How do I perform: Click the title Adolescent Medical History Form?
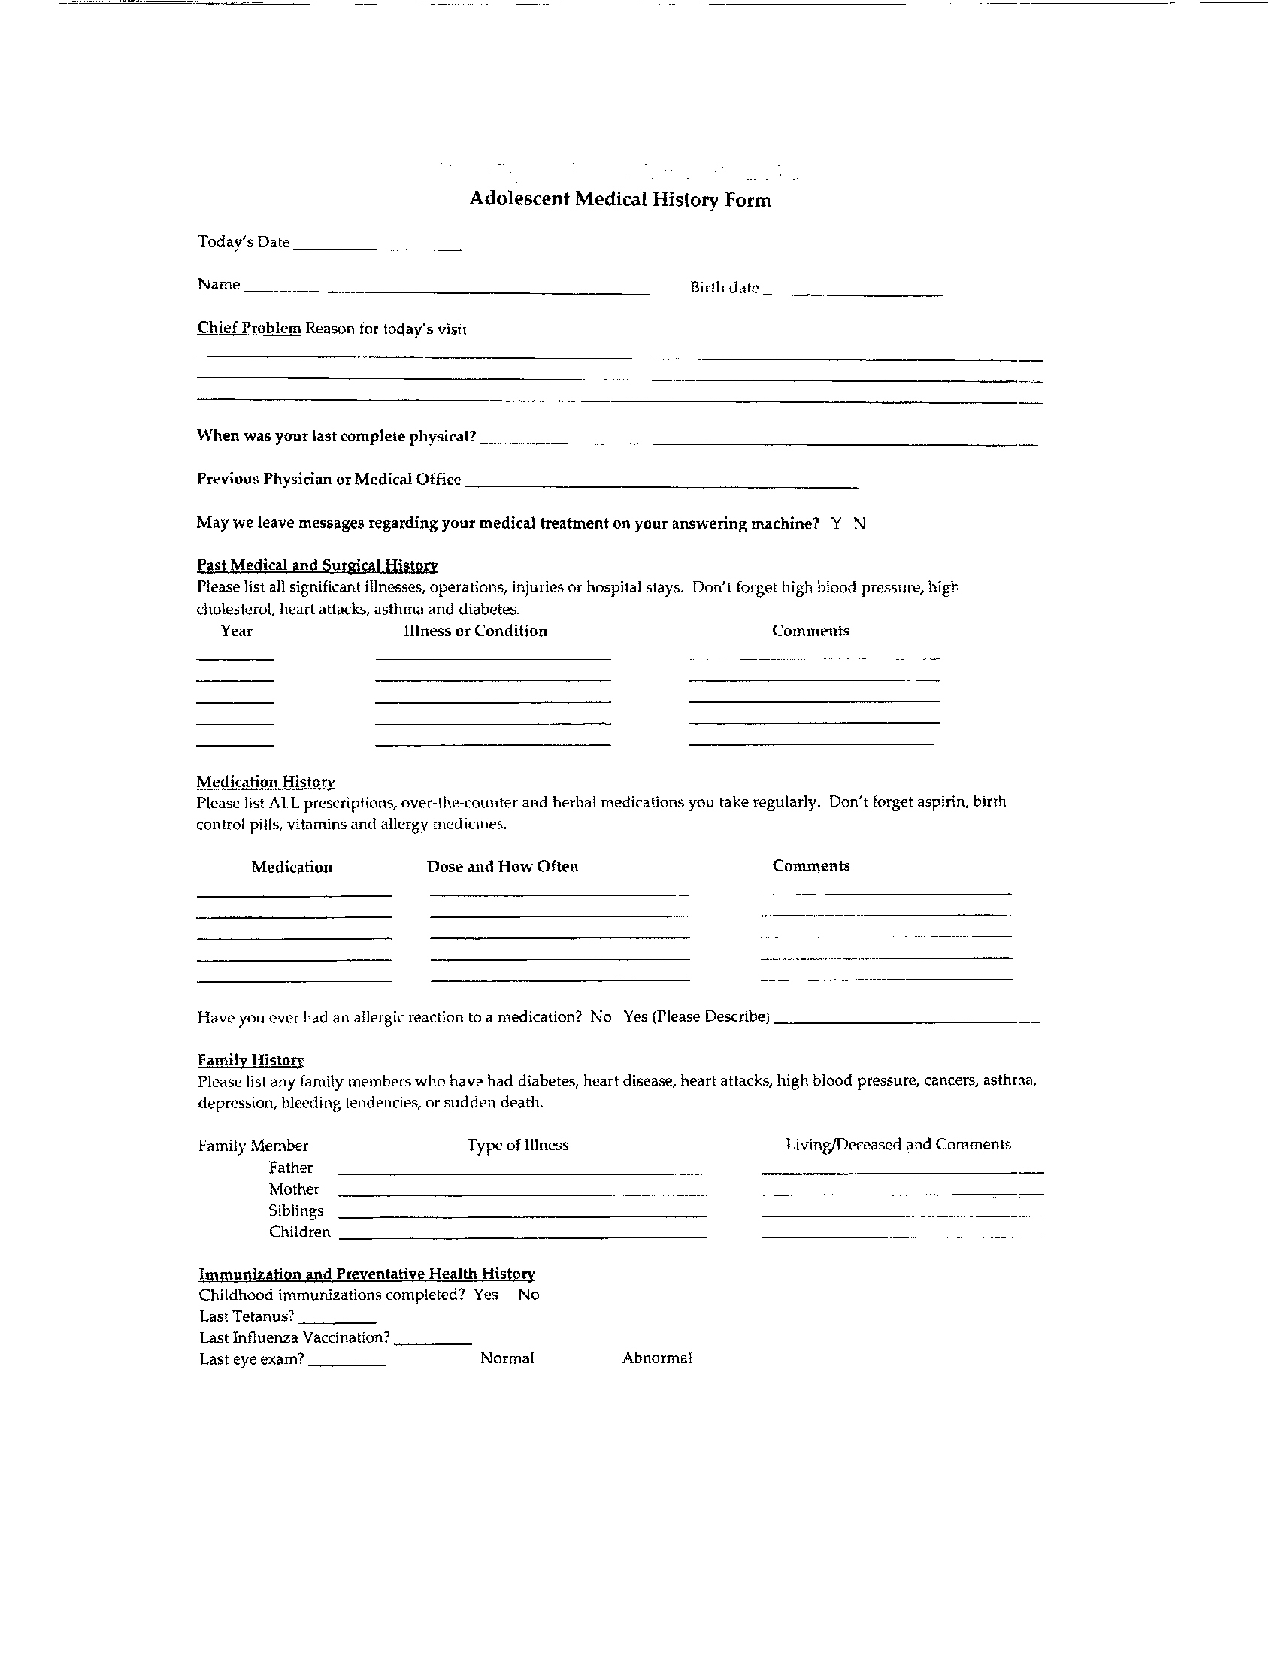pyautogui.click(x=619, y=199)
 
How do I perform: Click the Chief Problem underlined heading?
pyautogui.click(x=249, y=328)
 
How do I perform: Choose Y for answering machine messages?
pyautogui.click(x=836, y=523)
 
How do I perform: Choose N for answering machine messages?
pyautogui.click(x=859, y=523)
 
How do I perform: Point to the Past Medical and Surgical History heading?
pyautogui.click(x=317, y=565)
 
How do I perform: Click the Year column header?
pyautogui.click(x=236, y=631)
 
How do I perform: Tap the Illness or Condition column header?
pyautogui.click(x=474, y=631)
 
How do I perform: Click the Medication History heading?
pyautogui.click(x=265, y=782)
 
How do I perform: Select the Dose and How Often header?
pyautogui.click(x=502, y=866)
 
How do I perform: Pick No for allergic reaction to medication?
pyautogui.click(x=600, y=1017)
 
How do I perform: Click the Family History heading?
pyautogui.click(x=251, y=1060)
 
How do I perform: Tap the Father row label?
pyautogui.click(x=291, y=1168)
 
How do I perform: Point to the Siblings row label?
pyautogui.click(x=296, y=1210)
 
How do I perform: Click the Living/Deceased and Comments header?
pyautogui.click(x=898, y=1145)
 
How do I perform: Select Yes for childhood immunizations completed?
pyautogui.click(x=486, y=1295)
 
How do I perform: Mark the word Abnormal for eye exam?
pyautogui.click(x=656, y=1358)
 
